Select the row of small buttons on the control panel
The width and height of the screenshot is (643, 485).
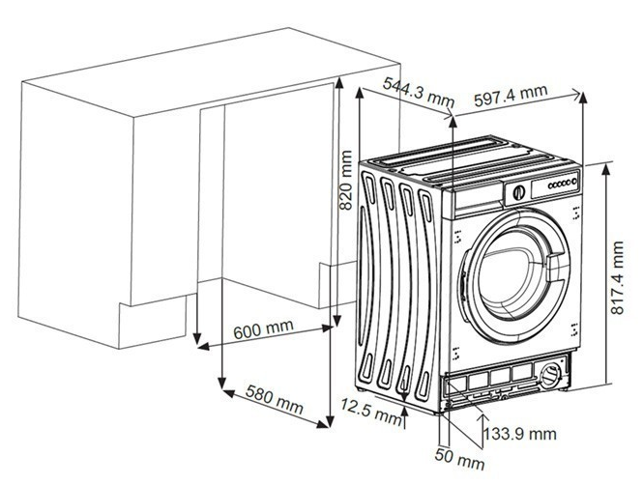561,183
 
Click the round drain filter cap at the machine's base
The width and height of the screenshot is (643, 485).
552,374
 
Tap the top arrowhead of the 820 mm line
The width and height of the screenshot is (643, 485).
338,83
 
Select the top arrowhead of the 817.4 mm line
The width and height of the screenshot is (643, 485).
604,165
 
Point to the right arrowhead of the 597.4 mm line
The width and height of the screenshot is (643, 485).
582,96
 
